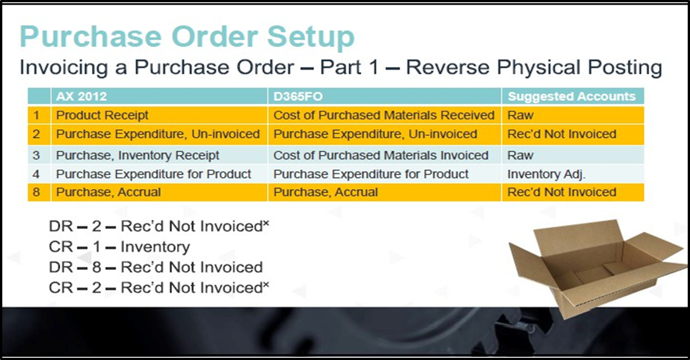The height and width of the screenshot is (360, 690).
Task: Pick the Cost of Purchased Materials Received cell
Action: pyautogui.click(x=384, y=115)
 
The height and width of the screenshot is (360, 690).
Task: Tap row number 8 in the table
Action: pyautogui.click(x=37, y=192)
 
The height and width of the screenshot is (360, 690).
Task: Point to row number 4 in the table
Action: pyautogui.click(x=37, y=175)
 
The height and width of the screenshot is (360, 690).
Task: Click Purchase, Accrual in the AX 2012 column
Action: pyautogui.click(x=108, y=192)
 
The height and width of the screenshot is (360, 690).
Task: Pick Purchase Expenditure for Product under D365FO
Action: pyautogui.click(x=371, y=175)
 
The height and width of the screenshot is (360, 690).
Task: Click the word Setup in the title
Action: pyautogui.click(x=311, y=37)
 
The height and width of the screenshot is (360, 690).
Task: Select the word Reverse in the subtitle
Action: pyautogui.click(x=447, y=67)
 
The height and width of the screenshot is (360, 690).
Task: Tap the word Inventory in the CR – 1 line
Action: pyautogui.click(x=155, y=247)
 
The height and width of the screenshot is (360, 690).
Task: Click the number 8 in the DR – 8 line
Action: pyautogui.click(x=97, y=267)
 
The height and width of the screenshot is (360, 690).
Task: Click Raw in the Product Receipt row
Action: pyautogui.click(x=520, y=115)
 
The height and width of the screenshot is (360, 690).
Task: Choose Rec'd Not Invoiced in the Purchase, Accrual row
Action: pyautogui.click(x=562, y=192)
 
